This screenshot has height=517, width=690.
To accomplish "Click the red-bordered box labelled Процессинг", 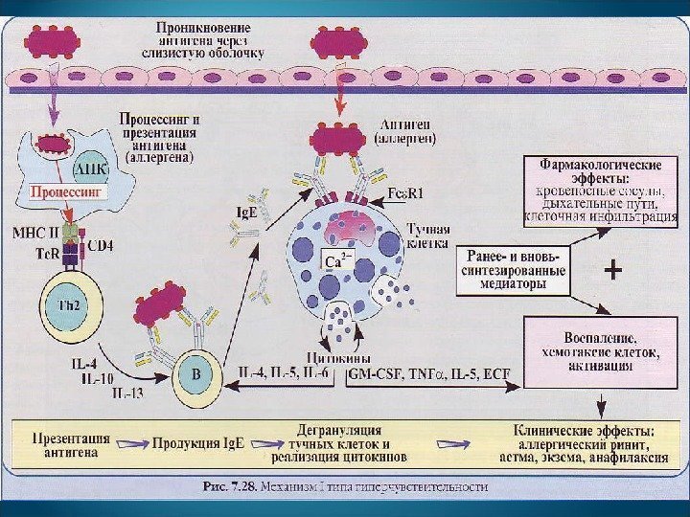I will [x=67, y=191].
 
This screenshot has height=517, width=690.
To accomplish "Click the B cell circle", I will [x=195, y=376].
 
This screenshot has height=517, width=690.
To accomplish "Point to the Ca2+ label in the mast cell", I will [x=334, y=260].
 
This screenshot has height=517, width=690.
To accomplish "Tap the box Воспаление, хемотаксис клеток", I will [x=593, y=351].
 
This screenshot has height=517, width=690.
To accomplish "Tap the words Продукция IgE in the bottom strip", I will [x=210, y=445].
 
